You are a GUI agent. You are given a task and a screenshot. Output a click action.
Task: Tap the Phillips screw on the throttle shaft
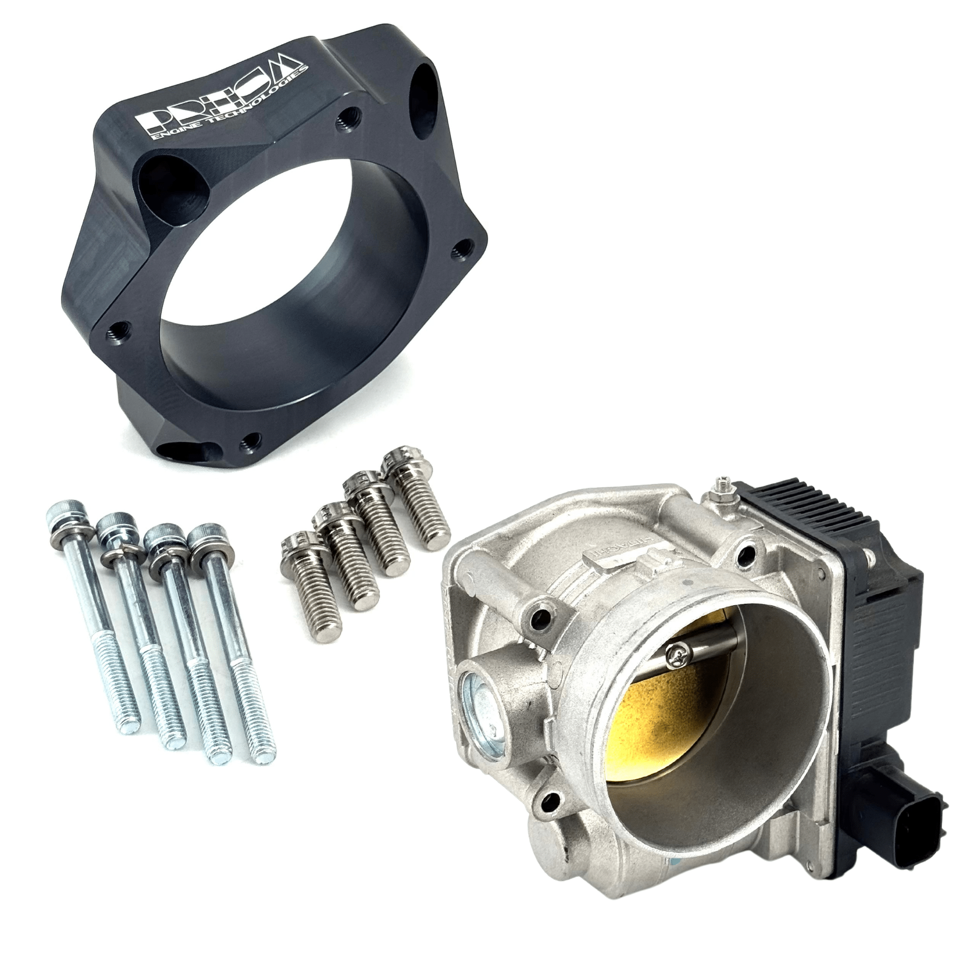(x=677, y=657)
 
